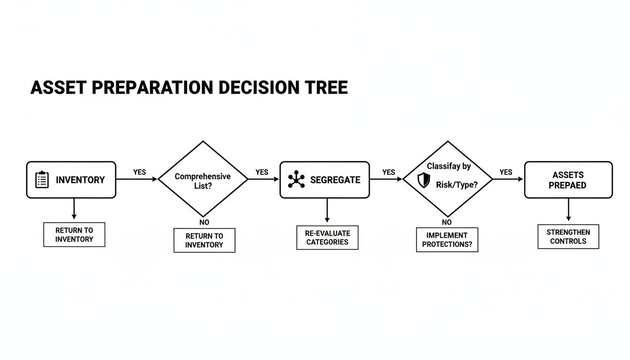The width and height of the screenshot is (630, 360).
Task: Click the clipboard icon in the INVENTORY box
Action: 42,180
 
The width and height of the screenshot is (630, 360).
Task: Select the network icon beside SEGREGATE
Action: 296,180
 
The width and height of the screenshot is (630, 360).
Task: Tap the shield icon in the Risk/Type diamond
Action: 423,180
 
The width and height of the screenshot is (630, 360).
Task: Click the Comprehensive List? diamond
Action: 202,179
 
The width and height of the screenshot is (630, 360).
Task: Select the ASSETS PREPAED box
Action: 568,180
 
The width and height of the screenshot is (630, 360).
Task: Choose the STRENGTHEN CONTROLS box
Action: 568,237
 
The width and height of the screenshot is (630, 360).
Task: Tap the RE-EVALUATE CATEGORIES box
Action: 327,238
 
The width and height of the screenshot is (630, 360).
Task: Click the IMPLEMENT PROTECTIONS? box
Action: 447,240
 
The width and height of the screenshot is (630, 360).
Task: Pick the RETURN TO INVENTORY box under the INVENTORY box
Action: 74,234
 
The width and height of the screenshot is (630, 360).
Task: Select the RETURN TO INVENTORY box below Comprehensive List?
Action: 204,240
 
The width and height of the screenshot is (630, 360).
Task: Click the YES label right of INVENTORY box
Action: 139,172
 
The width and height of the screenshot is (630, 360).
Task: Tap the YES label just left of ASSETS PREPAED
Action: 506,172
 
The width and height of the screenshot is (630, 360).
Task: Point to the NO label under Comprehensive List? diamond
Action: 204,222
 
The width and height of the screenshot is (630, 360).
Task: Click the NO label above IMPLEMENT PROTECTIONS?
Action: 447,222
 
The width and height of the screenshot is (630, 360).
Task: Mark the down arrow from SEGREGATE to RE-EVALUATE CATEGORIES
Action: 327,211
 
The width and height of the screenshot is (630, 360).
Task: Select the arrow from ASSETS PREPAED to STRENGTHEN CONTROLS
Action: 568,210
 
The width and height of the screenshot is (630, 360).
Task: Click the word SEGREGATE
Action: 335,180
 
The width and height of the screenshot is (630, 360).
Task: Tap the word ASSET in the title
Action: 58,88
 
